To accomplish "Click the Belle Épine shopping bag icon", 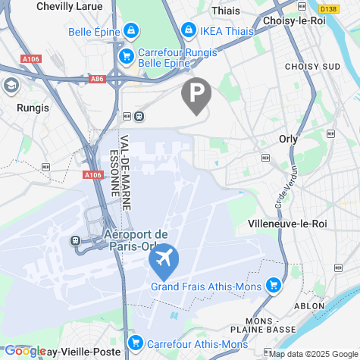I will click(132, 31).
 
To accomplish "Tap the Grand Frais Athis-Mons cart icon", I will click(273, 286).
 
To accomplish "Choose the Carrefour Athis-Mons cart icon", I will click(135, 343).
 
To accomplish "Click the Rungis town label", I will click(32, 108).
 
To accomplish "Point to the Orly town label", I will click(288, 139).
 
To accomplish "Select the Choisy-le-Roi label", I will click(294, 21).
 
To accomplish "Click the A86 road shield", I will click(96, 78).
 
